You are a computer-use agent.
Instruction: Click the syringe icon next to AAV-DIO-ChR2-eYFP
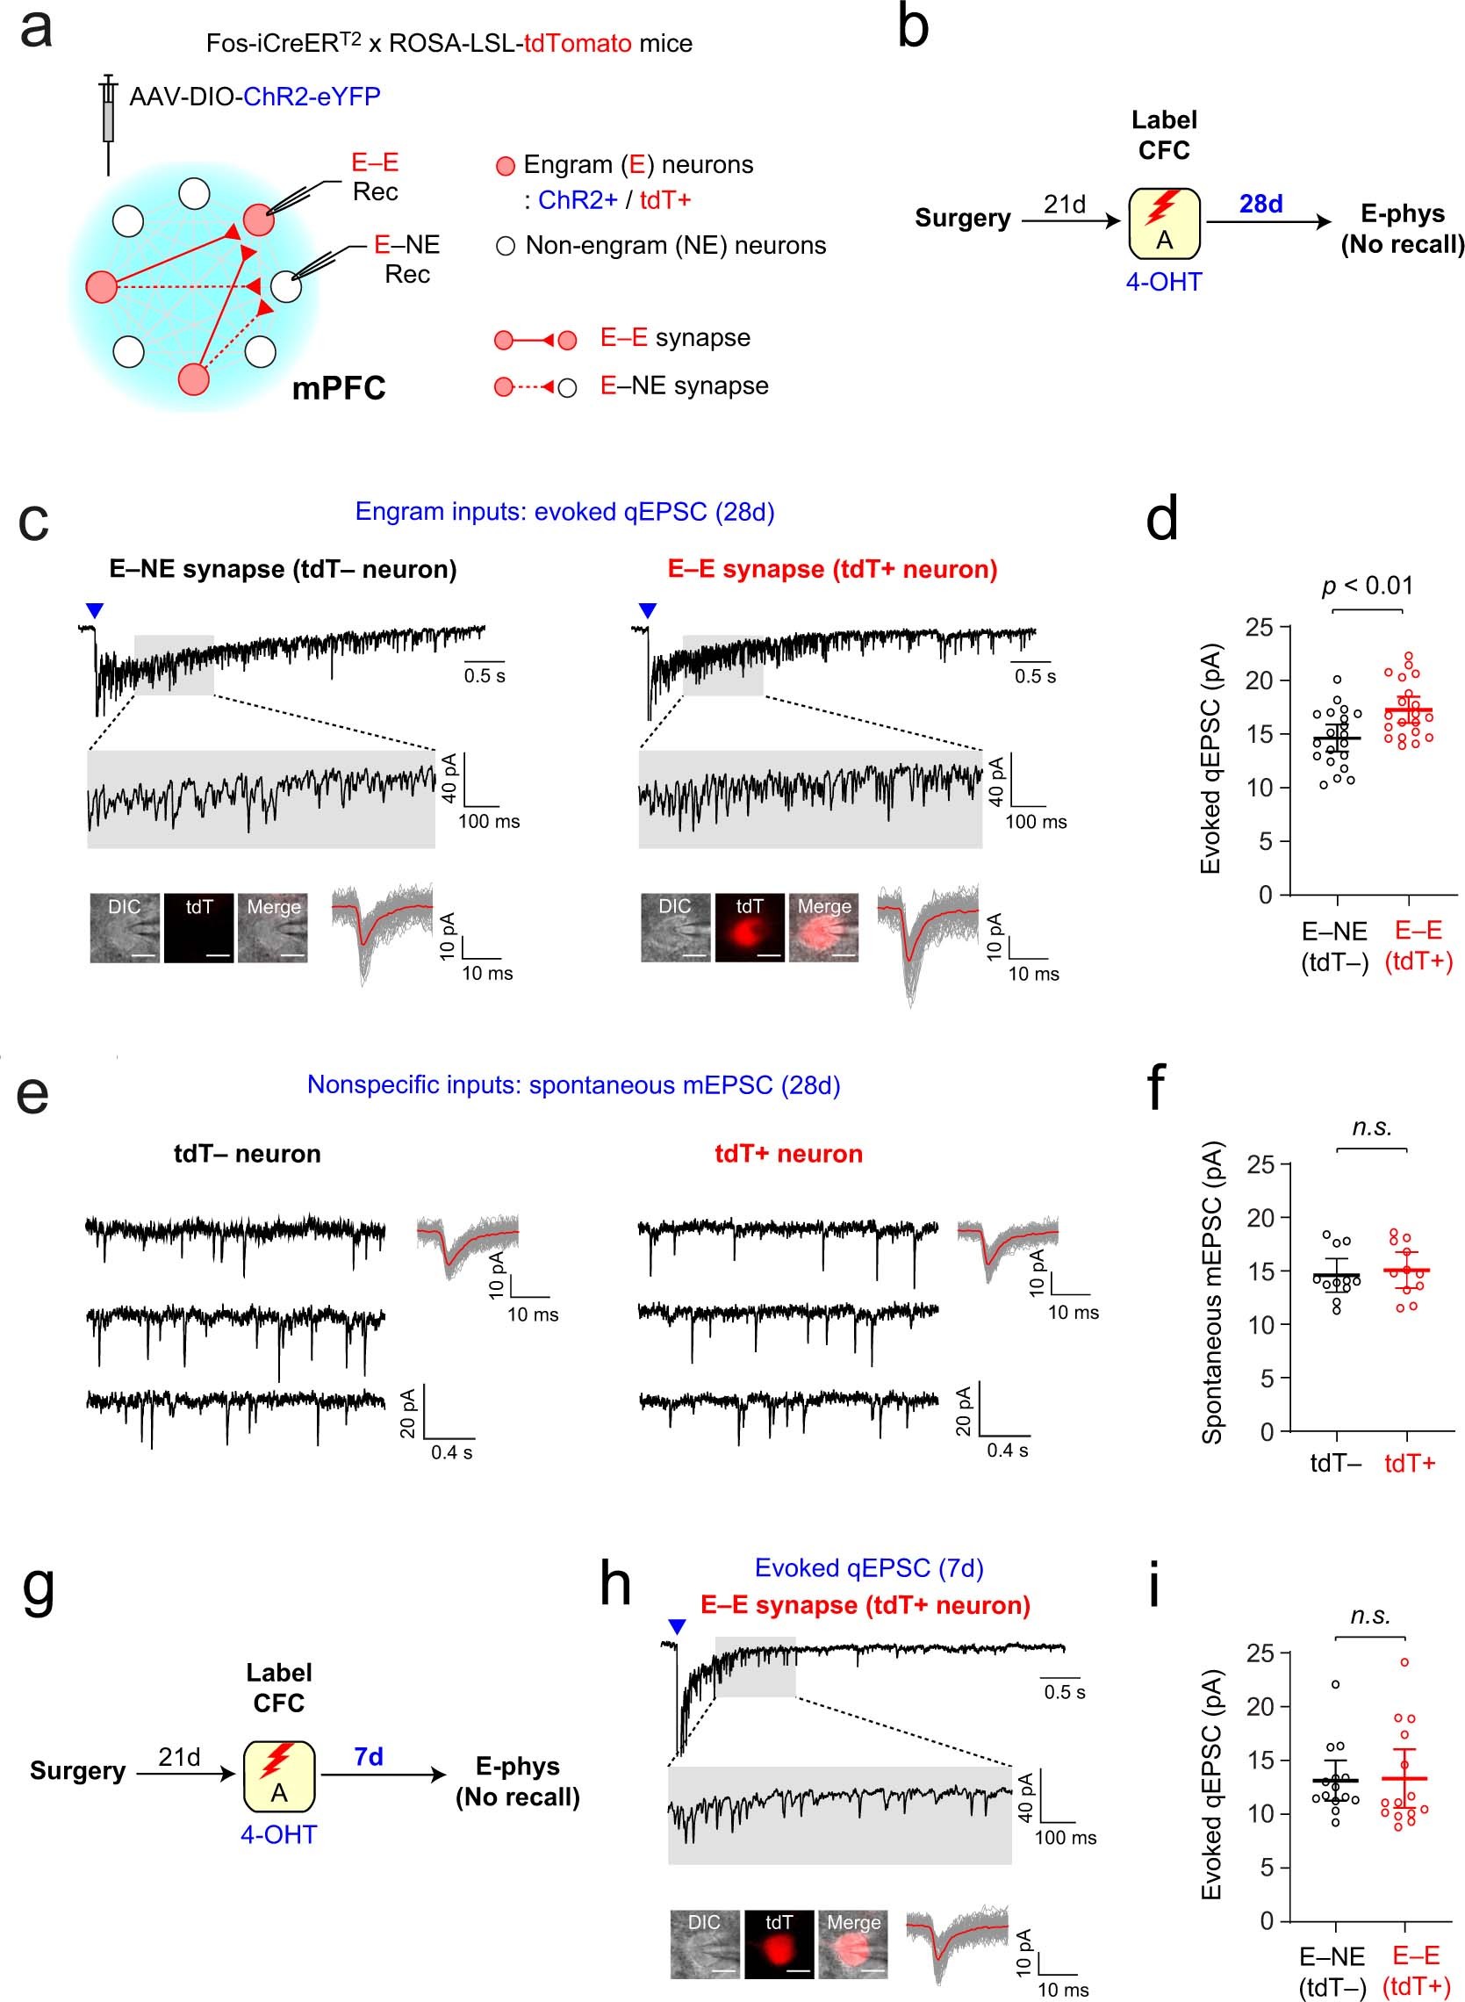(x=108, y=123)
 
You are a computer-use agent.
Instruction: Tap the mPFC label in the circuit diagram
(x=339, y=388)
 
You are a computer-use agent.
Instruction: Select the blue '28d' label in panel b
(x=1260, y=204)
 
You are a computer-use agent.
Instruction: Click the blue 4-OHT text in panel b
(x=1164, y=282)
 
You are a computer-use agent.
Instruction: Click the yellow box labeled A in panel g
(x=278, y=1775)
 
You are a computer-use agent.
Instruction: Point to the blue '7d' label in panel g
(x=368, y=1756)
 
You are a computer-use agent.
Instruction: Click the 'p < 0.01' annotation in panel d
(x=1367, y=586)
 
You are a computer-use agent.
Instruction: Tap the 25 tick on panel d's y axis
(x=1260, y=628)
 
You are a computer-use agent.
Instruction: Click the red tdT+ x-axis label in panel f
(x=1409, y=1464)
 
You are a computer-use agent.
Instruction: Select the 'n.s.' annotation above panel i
(x=1370, y=1616)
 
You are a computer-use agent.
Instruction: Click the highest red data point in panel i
(x=1404, y=1662)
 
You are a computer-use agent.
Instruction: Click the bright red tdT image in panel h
(x=779, y=1944)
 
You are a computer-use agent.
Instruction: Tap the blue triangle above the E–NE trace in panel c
(x=95, y=610)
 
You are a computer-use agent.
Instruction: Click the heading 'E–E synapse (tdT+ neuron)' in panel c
(x=832, y=570)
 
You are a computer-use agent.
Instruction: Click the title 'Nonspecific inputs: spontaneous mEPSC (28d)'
(x=573, y=1084)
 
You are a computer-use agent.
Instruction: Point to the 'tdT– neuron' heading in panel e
(x=248, y=1154)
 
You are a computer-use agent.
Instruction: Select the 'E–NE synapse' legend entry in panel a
(x=684, y=385)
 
